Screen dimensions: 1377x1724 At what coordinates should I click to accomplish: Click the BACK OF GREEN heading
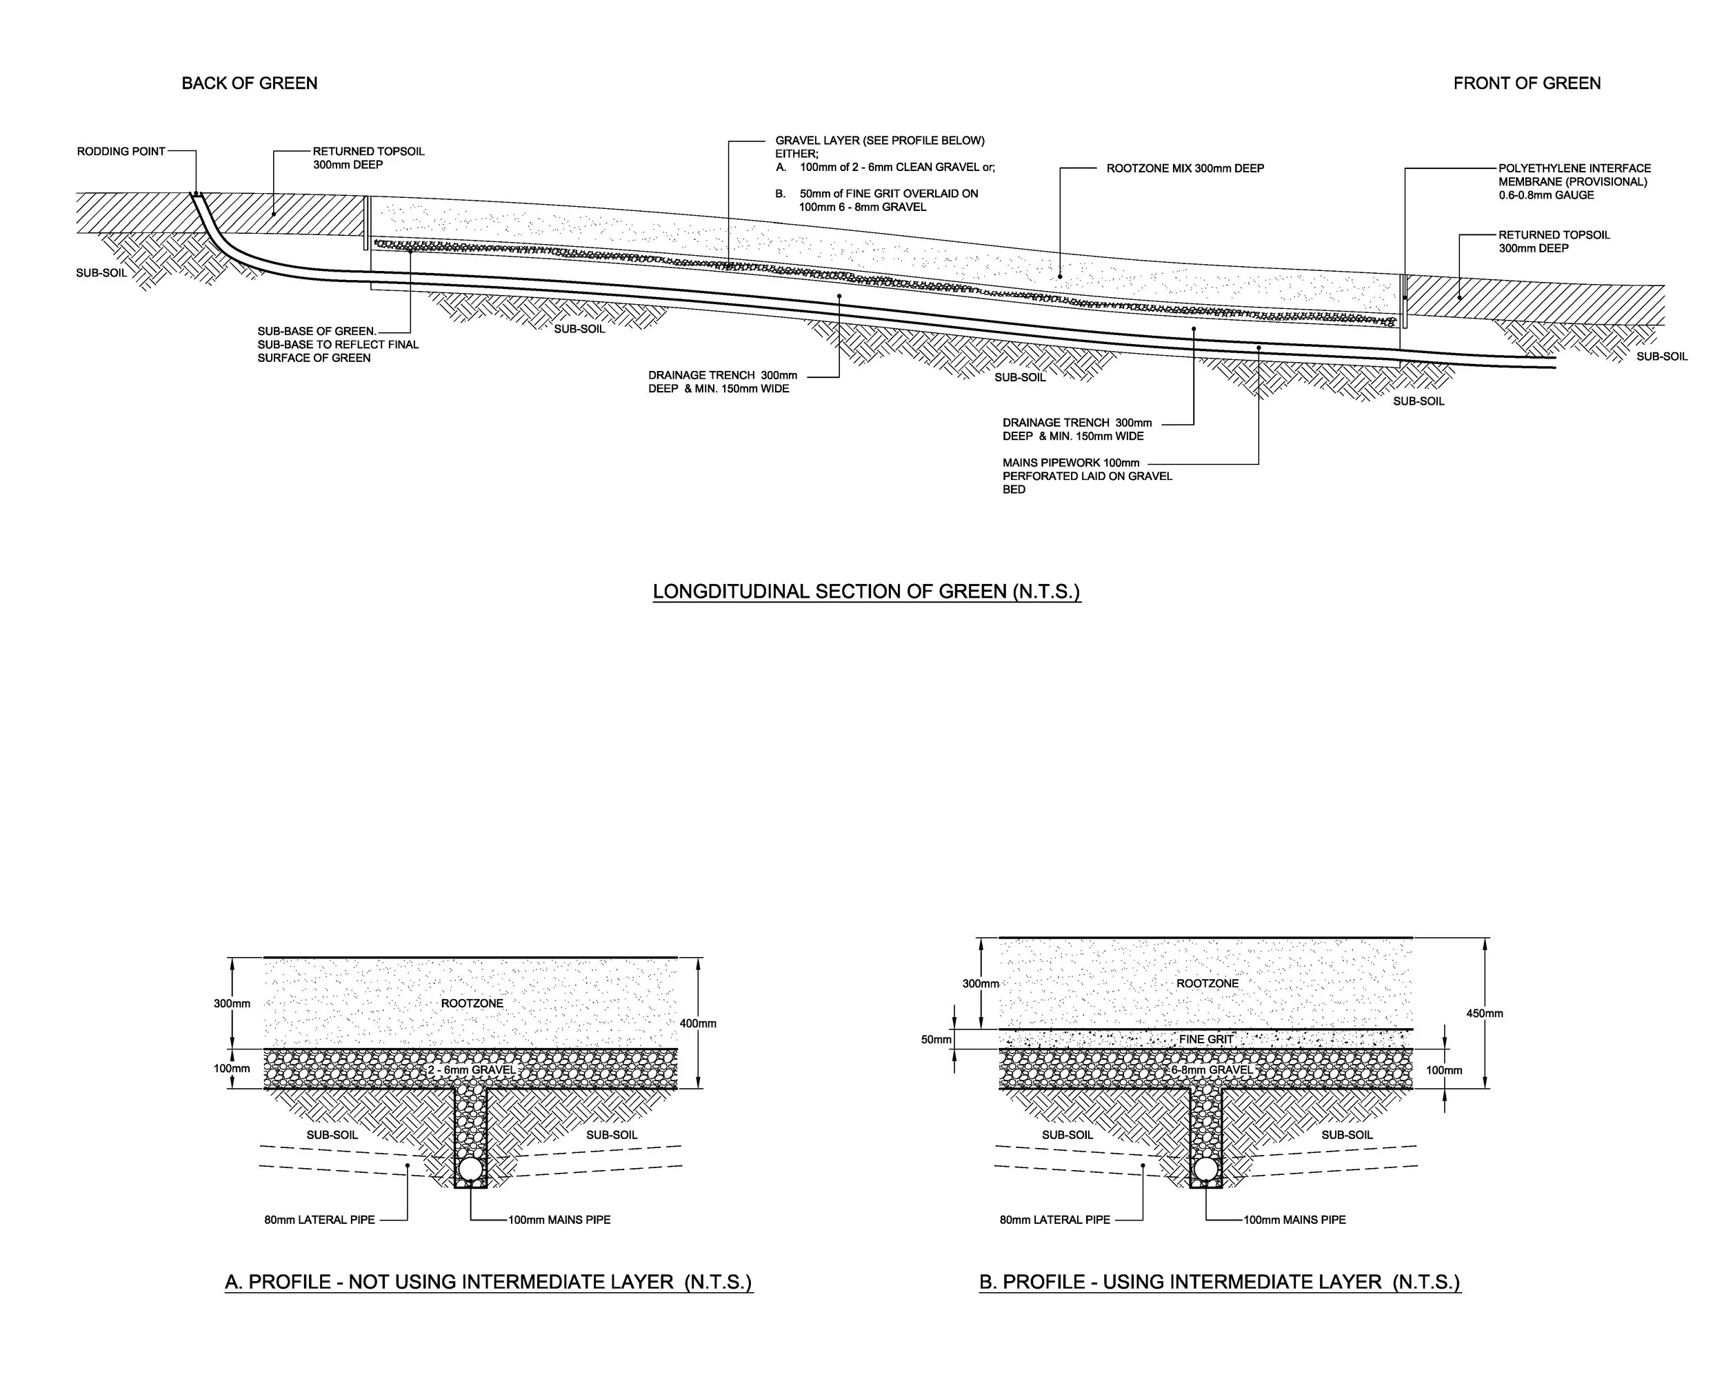click(250, 83)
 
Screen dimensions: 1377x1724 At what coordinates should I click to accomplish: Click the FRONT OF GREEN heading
click(1527, 83)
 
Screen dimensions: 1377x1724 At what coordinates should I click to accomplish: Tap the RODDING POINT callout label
click(121, 151)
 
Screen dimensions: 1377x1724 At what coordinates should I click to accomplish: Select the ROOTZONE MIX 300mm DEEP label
click(1185, 169)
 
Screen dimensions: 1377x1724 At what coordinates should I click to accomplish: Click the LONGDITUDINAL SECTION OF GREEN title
click(867, 592)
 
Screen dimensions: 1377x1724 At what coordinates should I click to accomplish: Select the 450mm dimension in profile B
click(1485, 1013)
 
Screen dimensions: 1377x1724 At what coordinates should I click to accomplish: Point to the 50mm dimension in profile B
click(936, 1040)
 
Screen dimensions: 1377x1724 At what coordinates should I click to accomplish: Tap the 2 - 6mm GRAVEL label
click(472, 1070)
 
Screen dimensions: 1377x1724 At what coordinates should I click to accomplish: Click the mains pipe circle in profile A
click(470, 1170)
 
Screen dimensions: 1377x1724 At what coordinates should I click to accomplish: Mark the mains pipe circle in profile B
click(1205, 1170)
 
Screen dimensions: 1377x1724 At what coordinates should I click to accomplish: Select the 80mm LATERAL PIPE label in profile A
click(320, 1220)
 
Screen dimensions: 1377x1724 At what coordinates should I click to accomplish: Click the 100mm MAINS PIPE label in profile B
click(1294, 1220)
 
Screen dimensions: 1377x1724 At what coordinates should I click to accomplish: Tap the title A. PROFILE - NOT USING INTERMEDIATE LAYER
click(488, 1282)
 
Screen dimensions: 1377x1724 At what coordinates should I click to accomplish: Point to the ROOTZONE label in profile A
click(472, 1003)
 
